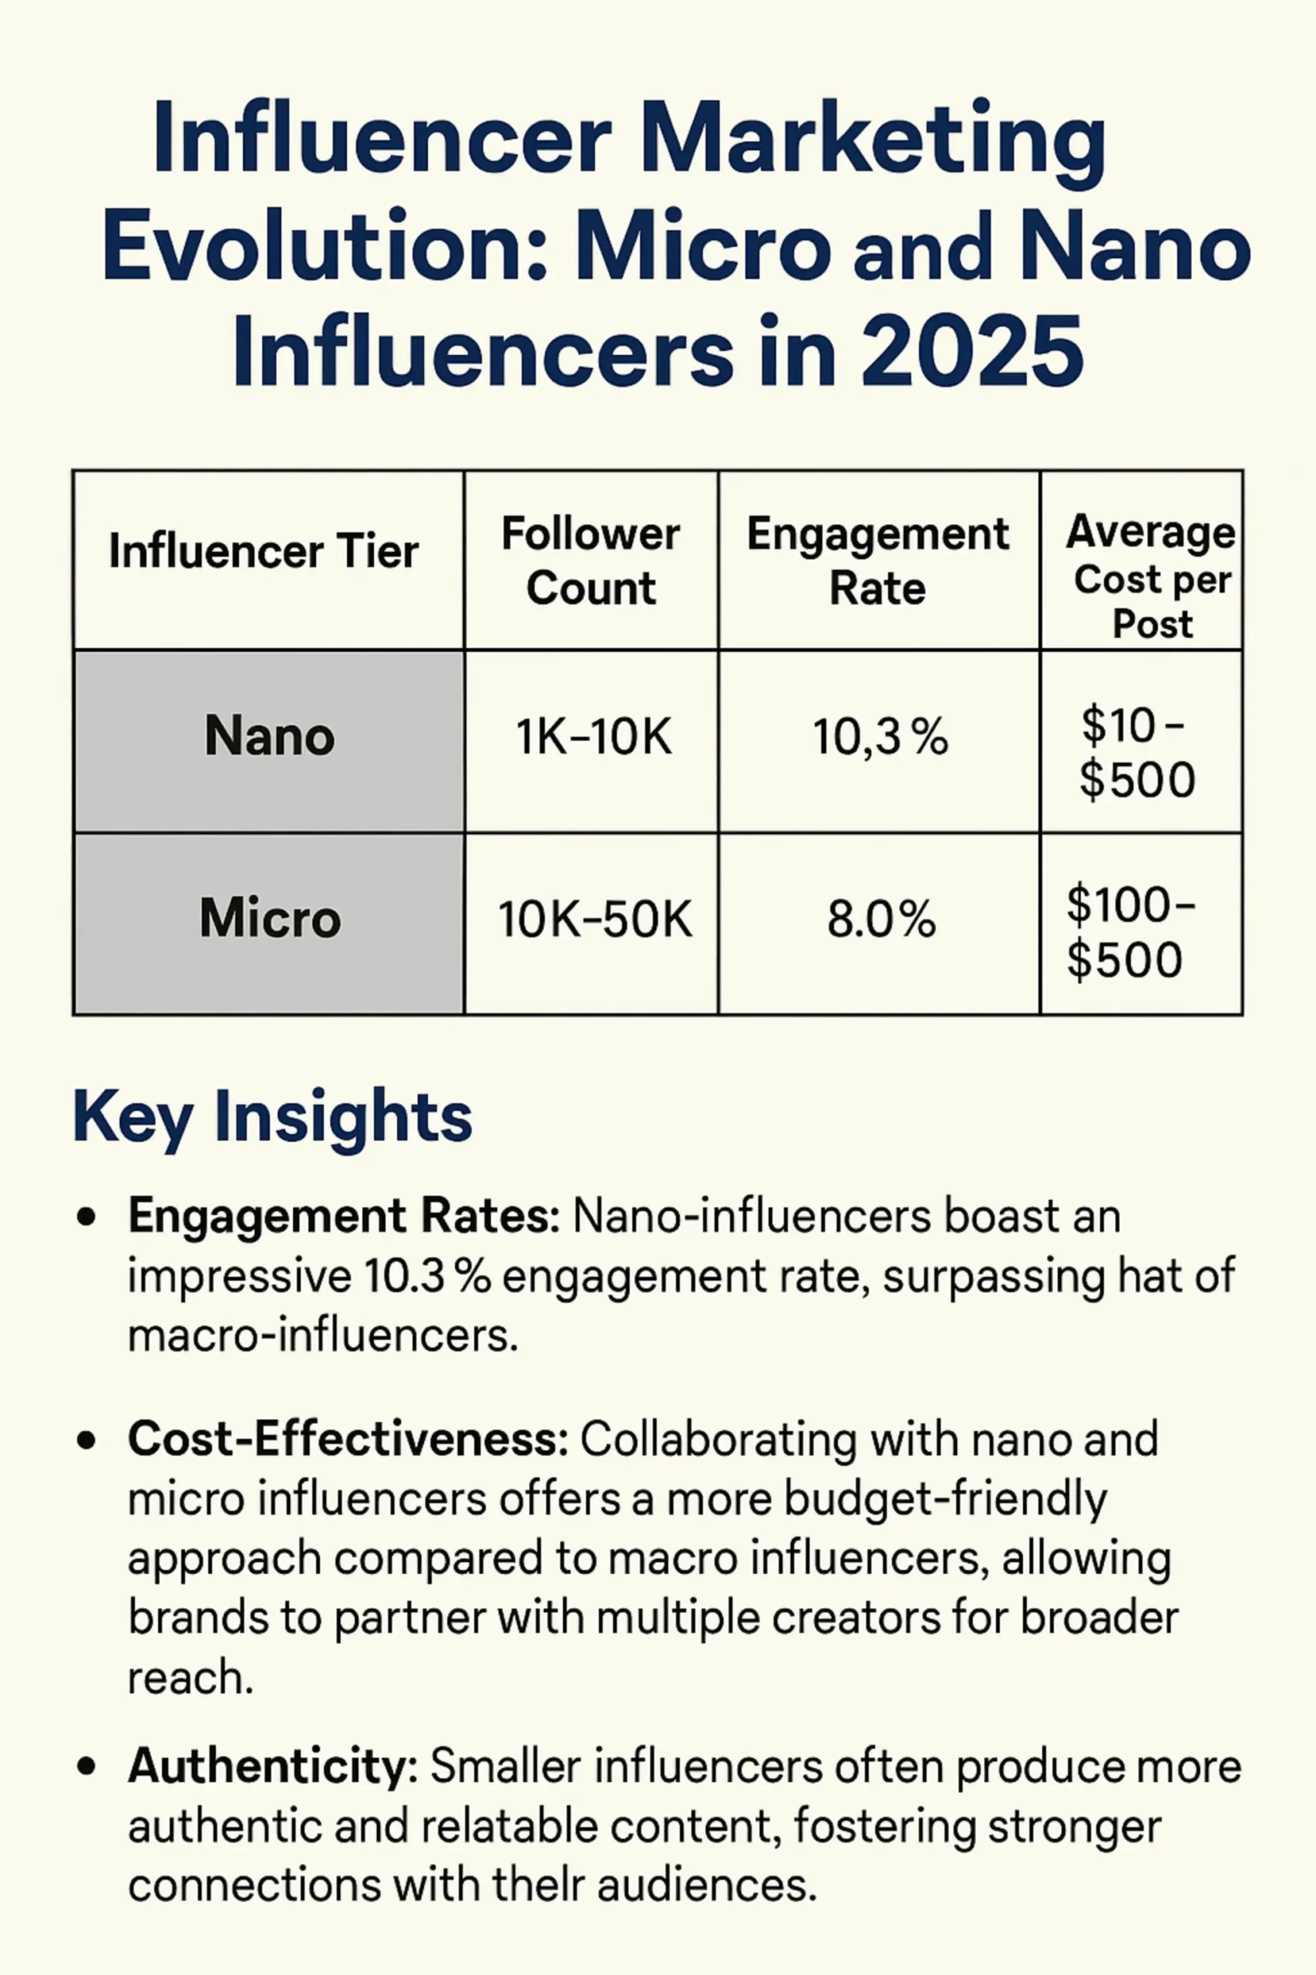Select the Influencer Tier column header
[x=264, y=552]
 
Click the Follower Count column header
[x=591, y=561]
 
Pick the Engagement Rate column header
[x=878, y=561]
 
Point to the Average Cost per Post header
[x=1151, y=578]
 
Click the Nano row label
[x=269, y=737]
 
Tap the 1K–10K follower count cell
[x=594, y=738]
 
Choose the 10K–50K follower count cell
[x=594, y=920]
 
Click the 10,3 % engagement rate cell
[x=880, y=738]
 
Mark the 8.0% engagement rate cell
[x=880, y=920]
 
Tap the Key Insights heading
[x=272, y=1118]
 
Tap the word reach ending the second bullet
[x=190, y=1679]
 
